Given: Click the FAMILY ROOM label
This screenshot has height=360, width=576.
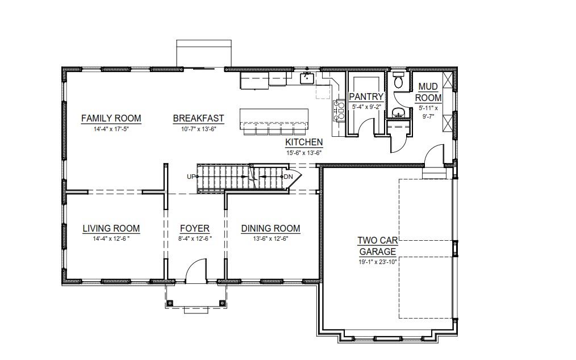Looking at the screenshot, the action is pyautogui.click(x=111, y=118).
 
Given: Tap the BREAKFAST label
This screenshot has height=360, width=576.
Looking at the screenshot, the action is pyautogui.click(x=198, y=118).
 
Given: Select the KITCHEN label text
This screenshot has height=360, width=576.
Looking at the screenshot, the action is pyautogui.click(x=304, y=142).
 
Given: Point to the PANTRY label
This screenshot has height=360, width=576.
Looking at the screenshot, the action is pyautogui.click(x=366, y=97).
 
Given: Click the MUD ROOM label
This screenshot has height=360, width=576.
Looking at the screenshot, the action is pyautogui.click(x=428, y=92).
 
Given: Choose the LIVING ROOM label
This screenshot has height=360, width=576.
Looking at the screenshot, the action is pyautogui.click(x=111, y=228).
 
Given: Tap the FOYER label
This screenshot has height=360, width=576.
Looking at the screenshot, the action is pyautogui.click(x=195, y=228).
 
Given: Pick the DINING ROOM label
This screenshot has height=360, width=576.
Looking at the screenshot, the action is pyautogui.click(x=271, y=228).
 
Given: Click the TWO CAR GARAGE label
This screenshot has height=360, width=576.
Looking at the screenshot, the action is pyautogui.click(x=378, y=246).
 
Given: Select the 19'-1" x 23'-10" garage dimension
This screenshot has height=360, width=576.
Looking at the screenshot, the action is pyautogui.click(x=378, y=262).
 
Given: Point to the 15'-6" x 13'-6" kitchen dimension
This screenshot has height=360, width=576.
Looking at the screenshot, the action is pyautogui.click(x=304, y=153).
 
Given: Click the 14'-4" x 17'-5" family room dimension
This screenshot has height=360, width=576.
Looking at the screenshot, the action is pyautogui.click(x=111, y=129).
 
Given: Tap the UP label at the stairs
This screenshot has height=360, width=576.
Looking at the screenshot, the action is pyautogui.click(x=191, y=177).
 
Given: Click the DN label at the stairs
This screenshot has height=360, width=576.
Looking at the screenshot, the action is pyautogui.click(x=289, y=177).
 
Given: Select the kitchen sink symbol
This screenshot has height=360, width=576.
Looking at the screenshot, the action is pyautogui.click(x=306, y=78).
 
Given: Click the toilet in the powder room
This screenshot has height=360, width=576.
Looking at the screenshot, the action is pyautogui.click(x=398, y=79).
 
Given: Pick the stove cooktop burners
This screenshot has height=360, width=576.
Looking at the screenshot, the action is pyautogui.click(x=339, y=110).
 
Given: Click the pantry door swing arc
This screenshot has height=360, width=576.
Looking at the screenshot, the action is pyautogui.click(x=366, y=124).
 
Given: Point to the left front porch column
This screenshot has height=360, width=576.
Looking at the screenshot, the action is pyautogui.click(x=170, y=303).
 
